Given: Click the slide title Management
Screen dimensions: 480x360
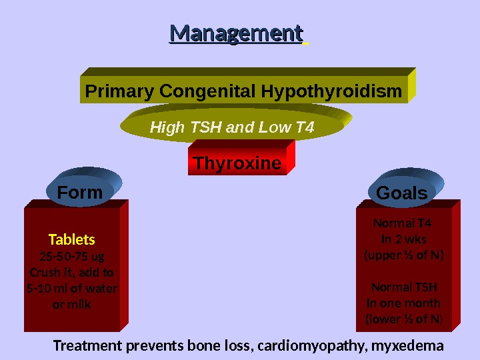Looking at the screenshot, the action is coord(237,33).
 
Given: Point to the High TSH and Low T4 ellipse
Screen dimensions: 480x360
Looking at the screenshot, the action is coord(232,127).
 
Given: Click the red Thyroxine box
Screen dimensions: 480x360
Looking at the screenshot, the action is coord(237,163).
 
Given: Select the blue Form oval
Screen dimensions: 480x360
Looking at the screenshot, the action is coord(80,193).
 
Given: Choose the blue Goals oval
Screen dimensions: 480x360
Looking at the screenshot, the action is coord(401,193).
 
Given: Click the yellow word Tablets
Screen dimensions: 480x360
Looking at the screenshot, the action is coord(72,239).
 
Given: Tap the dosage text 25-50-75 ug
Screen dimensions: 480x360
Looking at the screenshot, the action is coord(72,257).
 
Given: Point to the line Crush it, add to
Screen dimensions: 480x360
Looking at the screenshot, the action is coord(72,273).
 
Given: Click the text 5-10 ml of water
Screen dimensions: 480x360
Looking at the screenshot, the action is coord(72,289).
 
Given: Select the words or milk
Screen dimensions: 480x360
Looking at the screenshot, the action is coord(72,305).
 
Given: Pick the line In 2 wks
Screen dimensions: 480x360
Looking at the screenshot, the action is coord(404,239).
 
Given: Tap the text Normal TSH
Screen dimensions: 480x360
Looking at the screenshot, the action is coord(404,288).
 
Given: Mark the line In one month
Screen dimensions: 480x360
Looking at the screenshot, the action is coord(404,304).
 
